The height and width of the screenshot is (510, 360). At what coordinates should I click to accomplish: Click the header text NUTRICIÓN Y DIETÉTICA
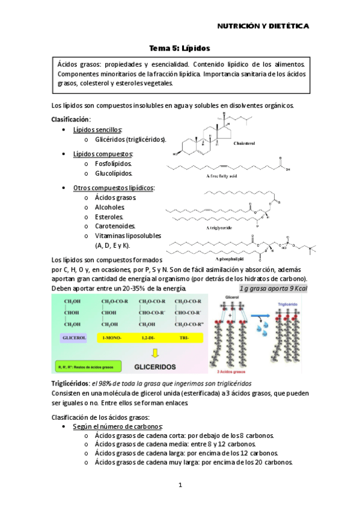263,26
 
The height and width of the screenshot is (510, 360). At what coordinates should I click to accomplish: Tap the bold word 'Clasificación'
70,119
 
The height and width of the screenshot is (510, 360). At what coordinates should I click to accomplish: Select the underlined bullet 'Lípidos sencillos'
97,130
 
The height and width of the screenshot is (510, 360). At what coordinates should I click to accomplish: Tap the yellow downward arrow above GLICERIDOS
154,352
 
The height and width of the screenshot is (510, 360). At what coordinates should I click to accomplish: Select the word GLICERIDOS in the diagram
154,366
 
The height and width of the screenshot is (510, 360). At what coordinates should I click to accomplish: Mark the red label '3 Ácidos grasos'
229,371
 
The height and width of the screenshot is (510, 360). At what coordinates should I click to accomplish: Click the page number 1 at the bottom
180,485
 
